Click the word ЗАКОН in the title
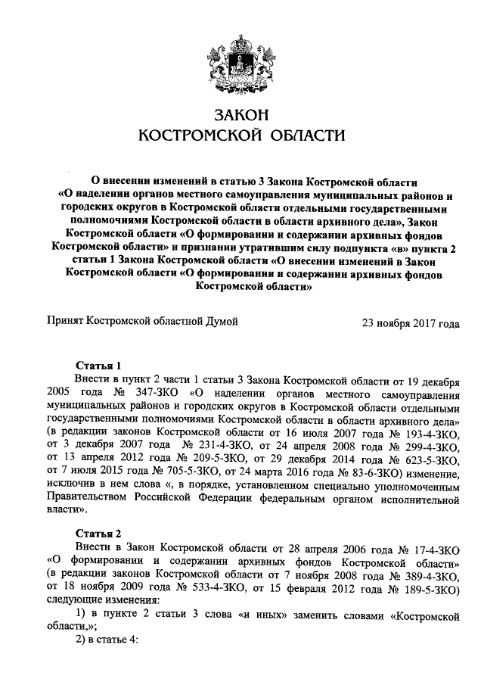pos(242,115)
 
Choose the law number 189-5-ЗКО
pos(429,587)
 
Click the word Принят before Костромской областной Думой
pos(66,322)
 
